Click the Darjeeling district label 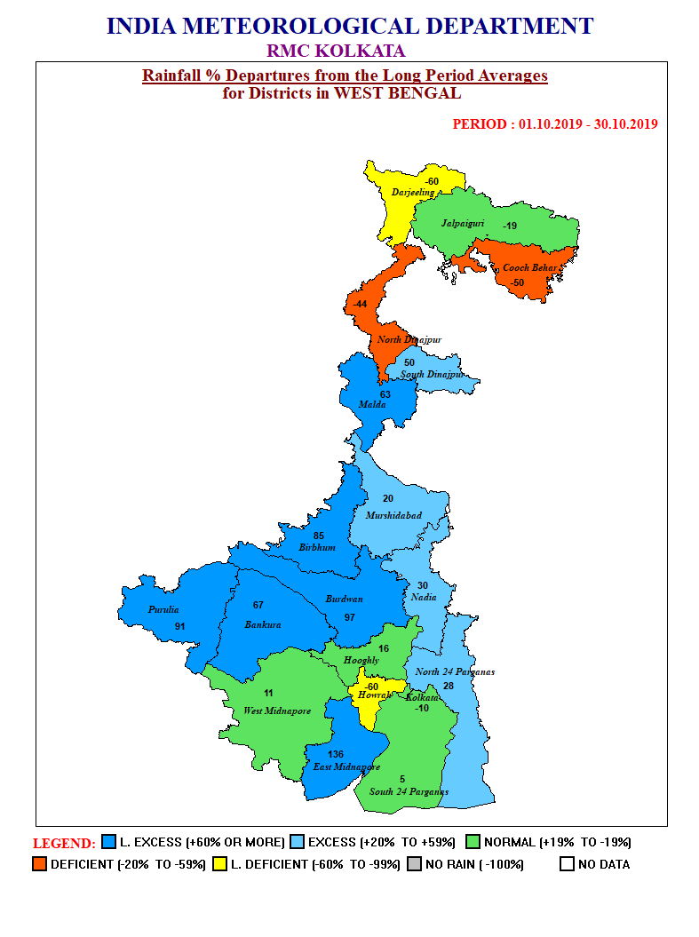click(x=413, y=192)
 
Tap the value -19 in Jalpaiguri click(x=510, y=226)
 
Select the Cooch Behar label click(x=529, y=267)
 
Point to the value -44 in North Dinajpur click(x=360, y=304)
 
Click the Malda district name click(x=371, y=405)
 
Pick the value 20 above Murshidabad click(x=387, y=498)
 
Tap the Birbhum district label click(x=317, y=548)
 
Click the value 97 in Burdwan click(x=349, y=617)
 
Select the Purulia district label click(x=163, y=609)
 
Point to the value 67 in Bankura click(x=258, y=605)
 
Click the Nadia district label click(x=424, y=597)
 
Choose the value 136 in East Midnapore click(x=335, y=754)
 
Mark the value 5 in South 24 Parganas click(x=402, y=779)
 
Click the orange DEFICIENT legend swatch click(x=39, y=863)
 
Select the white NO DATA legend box click(x=567, y=863)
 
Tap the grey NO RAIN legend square click(x=414, y=863)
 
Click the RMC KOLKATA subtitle click(x=336, y=51)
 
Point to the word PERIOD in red click(x=481, y=124)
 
